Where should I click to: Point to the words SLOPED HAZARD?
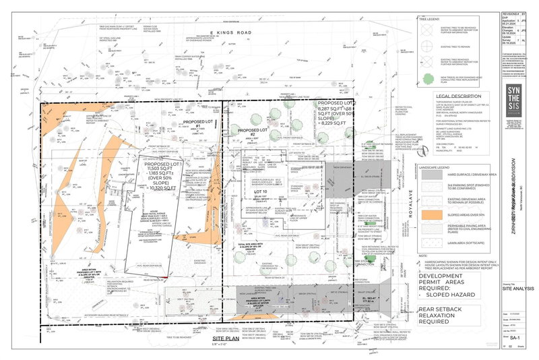click(446, 295)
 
